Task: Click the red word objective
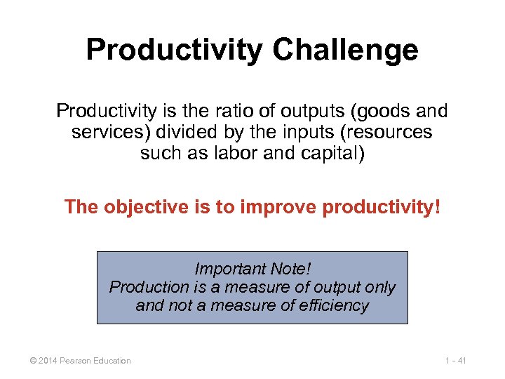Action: (136, 208)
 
